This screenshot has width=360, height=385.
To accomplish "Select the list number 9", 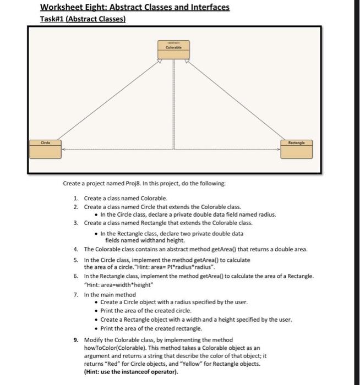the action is point(76,339).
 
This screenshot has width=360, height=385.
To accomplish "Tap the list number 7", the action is point(76,295).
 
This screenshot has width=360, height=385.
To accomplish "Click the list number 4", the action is point(76,250).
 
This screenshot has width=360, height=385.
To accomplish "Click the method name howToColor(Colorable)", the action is point(116,348).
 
